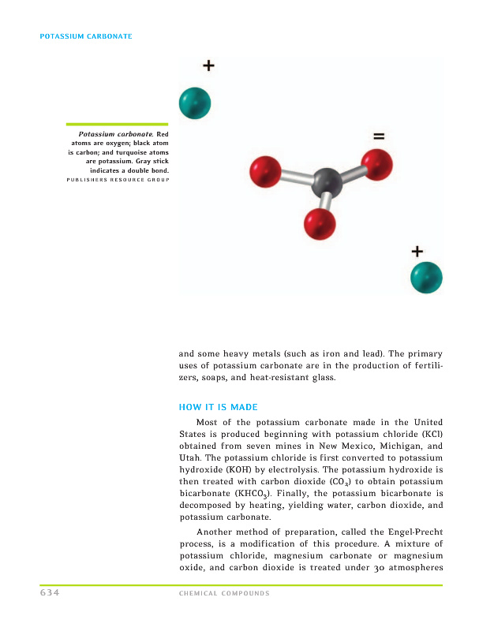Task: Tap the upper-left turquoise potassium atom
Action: [x=195, y=102]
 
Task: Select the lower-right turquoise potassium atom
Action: [x=427, y=277]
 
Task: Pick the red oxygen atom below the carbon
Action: [x=320, y=224]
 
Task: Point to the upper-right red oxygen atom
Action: [x=377, y=164]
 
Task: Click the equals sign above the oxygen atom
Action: [x=379, y=136]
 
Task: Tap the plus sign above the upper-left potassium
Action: [x=208, y=65]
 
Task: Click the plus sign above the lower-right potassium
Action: [x=417, y=252]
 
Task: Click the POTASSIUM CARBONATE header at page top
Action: [x=85, y=37]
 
